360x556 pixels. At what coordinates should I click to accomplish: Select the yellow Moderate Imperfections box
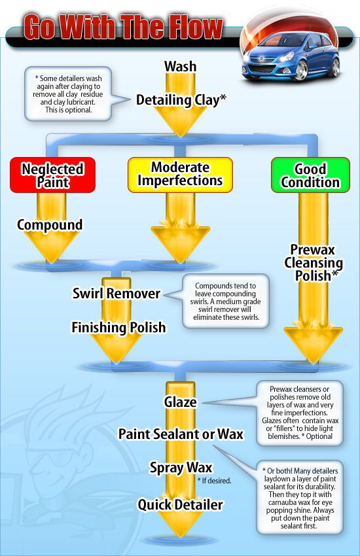tap(180, 174)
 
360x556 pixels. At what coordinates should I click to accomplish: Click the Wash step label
tap(180, 66)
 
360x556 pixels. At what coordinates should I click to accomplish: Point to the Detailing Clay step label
tap(181, 100)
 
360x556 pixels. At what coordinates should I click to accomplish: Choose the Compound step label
tap(50, 225)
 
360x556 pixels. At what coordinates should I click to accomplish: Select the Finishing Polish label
tap(119, 326)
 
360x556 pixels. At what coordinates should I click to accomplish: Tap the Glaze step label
tap(180, 402)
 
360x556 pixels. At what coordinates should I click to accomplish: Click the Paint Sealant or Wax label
tap(181, 434)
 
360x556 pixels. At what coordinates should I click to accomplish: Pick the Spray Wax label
tap(180, 468)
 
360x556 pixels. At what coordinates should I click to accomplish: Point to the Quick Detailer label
tap(180, 504)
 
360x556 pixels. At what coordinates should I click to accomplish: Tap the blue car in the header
tap(291, 58)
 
